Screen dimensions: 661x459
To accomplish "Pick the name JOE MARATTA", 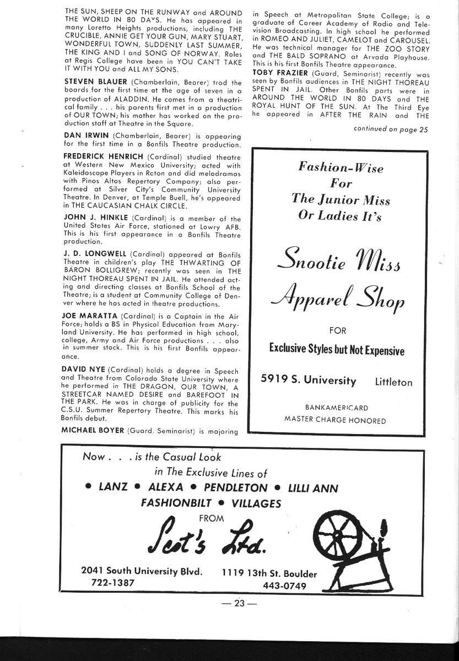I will click(x=89, y=316).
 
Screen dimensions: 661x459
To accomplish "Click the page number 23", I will click(x=238, y=603).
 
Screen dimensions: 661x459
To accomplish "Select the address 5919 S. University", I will click(x=309, y=381).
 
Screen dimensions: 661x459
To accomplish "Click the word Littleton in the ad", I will click(x=393, y=382).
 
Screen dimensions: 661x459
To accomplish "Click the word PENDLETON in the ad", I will click(x=235, y=487).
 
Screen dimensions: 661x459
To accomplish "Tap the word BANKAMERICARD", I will click(x=336, y=408).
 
